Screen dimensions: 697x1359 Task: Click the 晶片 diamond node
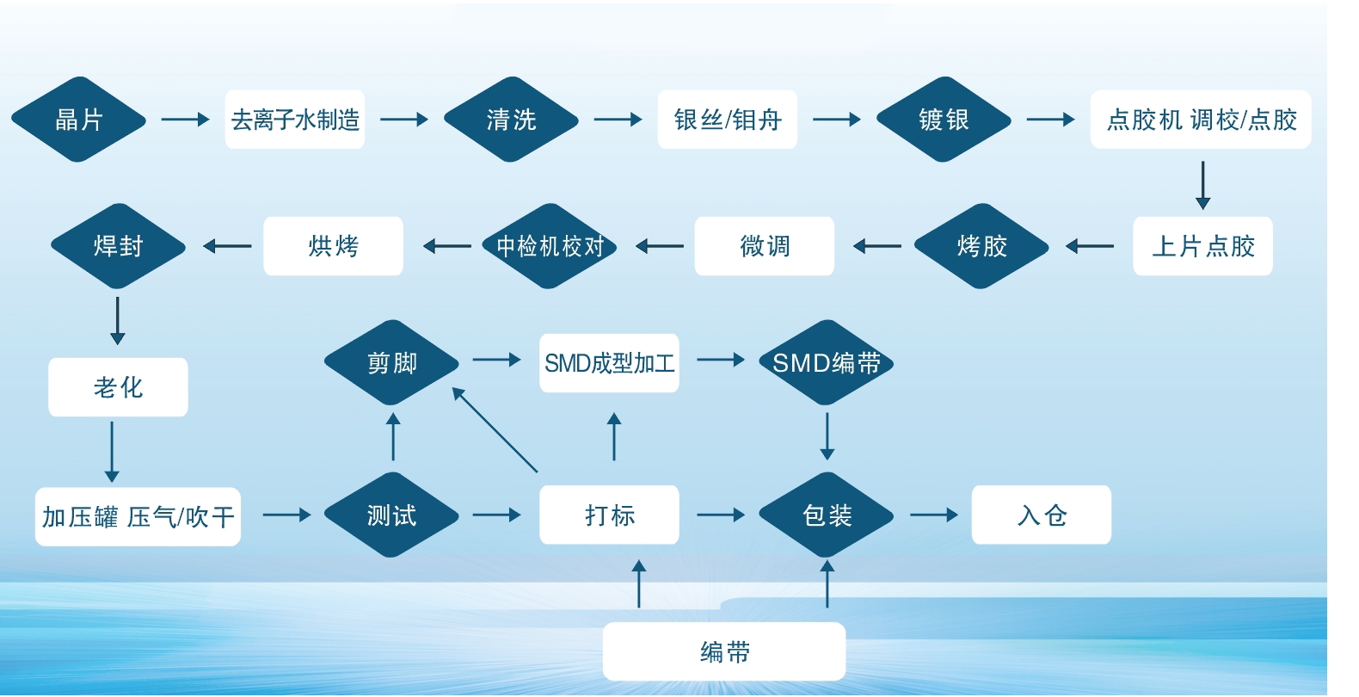(x=78, y=120)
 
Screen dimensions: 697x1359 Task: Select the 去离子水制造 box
(x=295, y=120)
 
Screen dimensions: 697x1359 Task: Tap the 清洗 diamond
(x=511, y=120)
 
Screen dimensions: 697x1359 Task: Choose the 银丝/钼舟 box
(x=728, y=120)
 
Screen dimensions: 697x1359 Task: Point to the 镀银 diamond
(x=944, y=120)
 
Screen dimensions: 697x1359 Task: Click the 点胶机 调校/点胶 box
(x=1201, y=120)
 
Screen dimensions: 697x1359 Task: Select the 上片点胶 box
(x=1202, y=246)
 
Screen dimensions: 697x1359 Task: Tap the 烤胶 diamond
(x=981, y=246)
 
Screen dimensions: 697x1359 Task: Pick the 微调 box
(x=765, y=246)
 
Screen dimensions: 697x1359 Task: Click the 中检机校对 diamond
(x=550, y=246)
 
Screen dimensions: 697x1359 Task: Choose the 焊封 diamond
(x=118, y=246)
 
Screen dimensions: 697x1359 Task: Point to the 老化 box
(x=118, y=387)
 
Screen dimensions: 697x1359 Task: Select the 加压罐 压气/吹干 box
(x=138, y=516)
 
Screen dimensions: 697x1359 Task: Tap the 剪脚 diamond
(x=391, y=362)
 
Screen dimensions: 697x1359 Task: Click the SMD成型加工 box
(x=609, y=363)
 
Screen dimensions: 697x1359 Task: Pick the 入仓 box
(x=1042, y=515)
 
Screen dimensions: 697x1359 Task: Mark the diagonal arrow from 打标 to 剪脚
(x=495, y=430)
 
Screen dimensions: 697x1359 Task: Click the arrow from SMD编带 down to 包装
(x=827, y=436)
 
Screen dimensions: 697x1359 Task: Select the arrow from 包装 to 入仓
(x=933, y=515)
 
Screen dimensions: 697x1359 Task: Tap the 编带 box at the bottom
(x=724, y=651)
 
